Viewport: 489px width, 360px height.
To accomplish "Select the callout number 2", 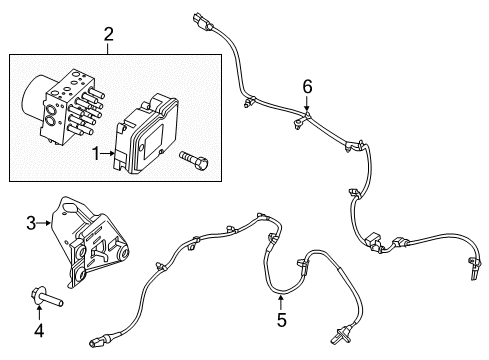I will tap(109, 37).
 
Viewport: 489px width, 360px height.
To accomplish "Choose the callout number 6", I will tap(307, 88).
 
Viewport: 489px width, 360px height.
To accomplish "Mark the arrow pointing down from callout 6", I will tap(307, 109).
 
